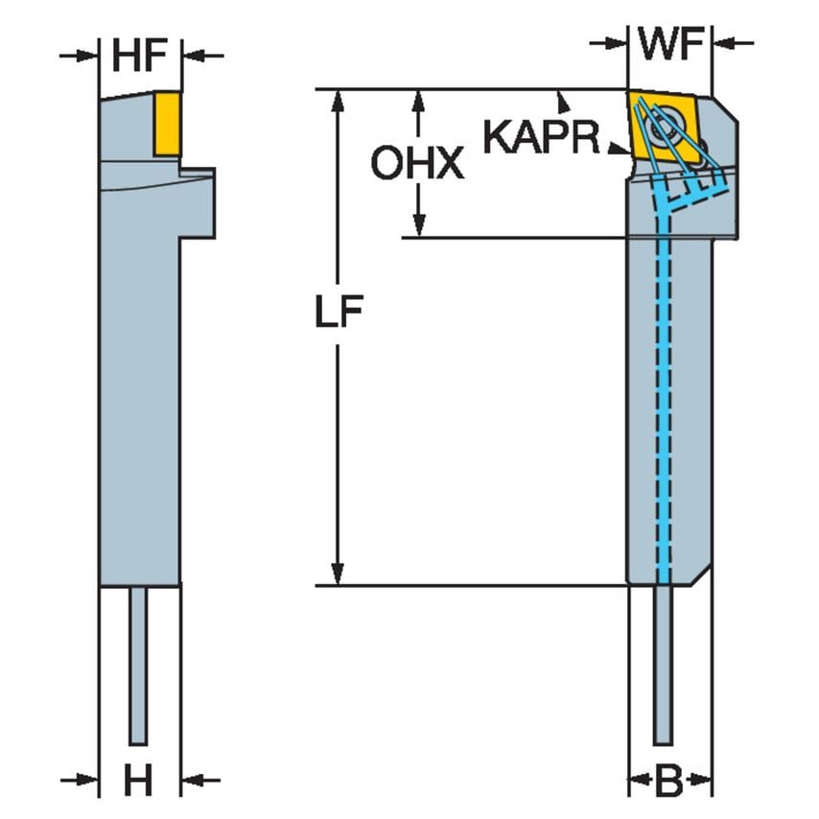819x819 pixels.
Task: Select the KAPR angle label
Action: tap(540, 136)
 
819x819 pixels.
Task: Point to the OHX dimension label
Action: tap(417, 165)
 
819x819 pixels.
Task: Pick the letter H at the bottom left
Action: tap(139, 782)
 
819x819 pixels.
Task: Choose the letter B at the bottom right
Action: tap(669, 782)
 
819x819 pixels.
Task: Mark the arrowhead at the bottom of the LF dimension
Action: tap(338, 575)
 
